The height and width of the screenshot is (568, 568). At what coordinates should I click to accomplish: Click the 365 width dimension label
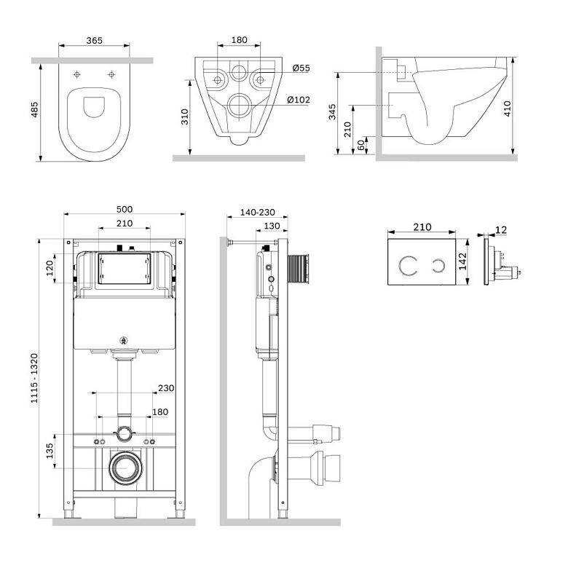coord(94,40)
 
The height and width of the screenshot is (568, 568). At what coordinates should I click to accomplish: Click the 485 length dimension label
coord(34,109)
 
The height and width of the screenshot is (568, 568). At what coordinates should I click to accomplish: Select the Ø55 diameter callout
coord(301,68)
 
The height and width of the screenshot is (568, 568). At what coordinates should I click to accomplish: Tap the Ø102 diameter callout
coord(299,99)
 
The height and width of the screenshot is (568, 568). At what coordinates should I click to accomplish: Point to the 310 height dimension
coord(185,117)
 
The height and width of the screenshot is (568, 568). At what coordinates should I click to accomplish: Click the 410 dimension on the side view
coord(507,109)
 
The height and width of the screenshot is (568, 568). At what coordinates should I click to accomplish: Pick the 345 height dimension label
coord(332,111)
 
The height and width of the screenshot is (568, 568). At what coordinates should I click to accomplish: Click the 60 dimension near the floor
coord(360,145)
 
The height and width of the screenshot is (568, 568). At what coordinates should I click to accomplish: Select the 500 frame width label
coord(125,209)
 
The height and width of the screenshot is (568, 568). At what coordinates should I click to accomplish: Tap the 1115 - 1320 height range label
coord(34,378)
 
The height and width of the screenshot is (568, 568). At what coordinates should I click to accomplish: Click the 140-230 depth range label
coord(258,212)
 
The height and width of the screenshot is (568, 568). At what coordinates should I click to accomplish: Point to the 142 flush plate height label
coord(462,261)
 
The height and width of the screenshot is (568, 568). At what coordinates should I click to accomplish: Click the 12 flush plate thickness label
coord(501,229)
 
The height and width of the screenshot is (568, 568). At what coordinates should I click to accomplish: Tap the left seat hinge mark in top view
coord(76,74)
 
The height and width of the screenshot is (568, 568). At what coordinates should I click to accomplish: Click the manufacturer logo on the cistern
coord(124,340)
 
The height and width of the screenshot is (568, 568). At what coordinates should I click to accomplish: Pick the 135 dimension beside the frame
coord(50,451)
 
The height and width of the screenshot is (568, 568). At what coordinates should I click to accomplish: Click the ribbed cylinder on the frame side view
coord(298,267)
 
